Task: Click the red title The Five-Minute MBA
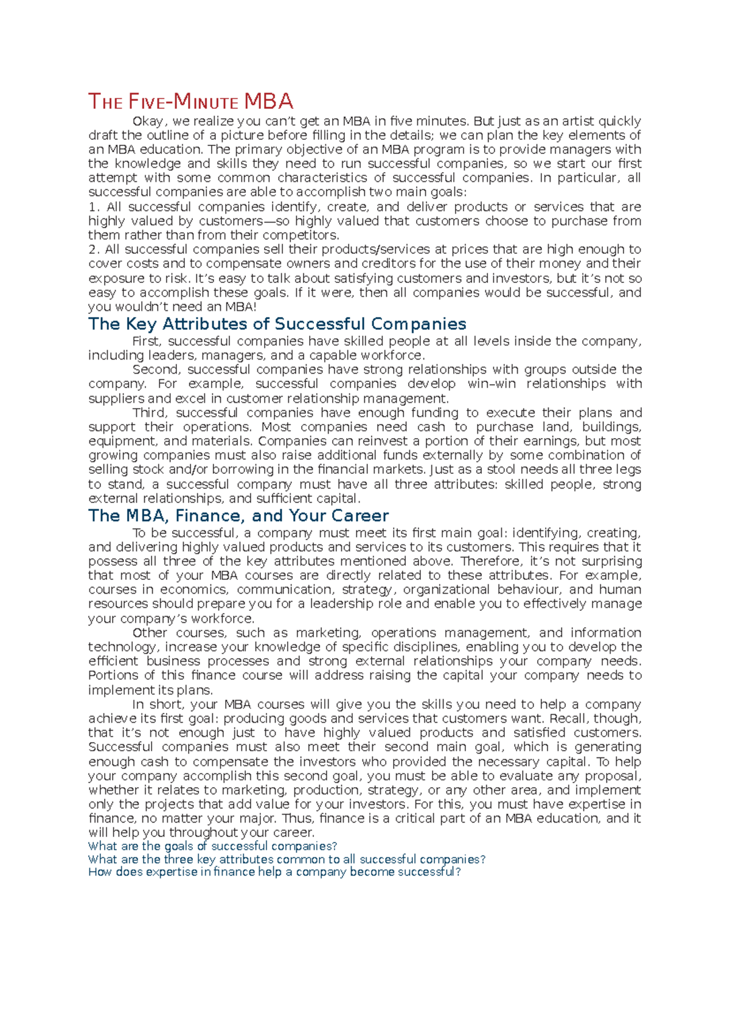coord(190,101)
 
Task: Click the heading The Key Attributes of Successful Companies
coord(277,324)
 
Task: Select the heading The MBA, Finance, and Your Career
coord(238,516)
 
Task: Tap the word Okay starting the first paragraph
coord(148,122)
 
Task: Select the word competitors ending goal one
coord(304,235)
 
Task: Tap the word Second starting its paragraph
coord(155,369)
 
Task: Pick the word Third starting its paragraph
coord(149,412)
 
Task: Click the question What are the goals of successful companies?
coord(212,846)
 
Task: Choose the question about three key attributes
coord(287,860)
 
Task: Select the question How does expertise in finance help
coord(274,872)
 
